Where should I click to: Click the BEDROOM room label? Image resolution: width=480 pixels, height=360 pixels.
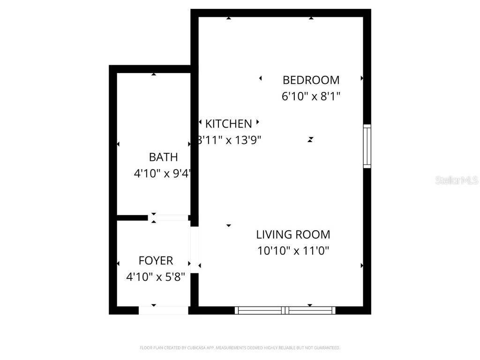pyautogui.click(x=311, y=80)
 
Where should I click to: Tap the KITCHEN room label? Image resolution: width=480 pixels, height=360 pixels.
pyautogui.click(x=229, y=124)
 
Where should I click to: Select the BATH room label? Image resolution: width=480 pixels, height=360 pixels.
pyautogui.click(x=163, y=157)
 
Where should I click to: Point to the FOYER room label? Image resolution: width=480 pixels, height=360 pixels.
pyautogui.click(x=156, y=261)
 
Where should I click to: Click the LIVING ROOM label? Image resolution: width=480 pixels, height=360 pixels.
pyautogui.click(x=293, y=234)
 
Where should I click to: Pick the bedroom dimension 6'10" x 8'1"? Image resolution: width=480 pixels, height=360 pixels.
pyautogui.click(x=311, y=97)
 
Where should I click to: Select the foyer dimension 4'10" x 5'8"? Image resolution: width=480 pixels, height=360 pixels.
pyautogui.click(x=156, y=277)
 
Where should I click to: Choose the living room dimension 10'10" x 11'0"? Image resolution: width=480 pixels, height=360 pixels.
pyautogui.click(x=293, y=251)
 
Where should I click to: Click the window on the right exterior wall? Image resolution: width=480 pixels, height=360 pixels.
pyautogui.click(x=367, y=146)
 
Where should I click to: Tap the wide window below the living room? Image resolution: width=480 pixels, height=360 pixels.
pyautogui.click(x=285, y=310)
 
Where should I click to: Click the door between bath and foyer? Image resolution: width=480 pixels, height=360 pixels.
pyautogui.click(x=168, y=217)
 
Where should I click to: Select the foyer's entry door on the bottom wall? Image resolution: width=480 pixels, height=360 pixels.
pyautogui.click(x=164, y=310)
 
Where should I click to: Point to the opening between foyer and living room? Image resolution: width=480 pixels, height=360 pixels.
pyautogui.click(x=195, y=249)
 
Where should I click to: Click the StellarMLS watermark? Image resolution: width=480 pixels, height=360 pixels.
pyautogui.click(x=457, y=180)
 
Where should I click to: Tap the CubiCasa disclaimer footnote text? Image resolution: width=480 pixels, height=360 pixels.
pyautogui.click(x=240, y=348)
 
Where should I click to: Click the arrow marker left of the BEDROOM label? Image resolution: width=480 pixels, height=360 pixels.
pyautogui.click(x=261, y=78)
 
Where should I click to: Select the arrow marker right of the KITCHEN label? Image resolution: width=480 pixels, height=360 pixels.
pyautogui.click(x=257, y=122)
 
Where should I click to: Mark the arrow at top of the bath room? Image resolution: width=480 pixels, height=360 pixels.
pyautogui.click(x=154, y=74)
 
